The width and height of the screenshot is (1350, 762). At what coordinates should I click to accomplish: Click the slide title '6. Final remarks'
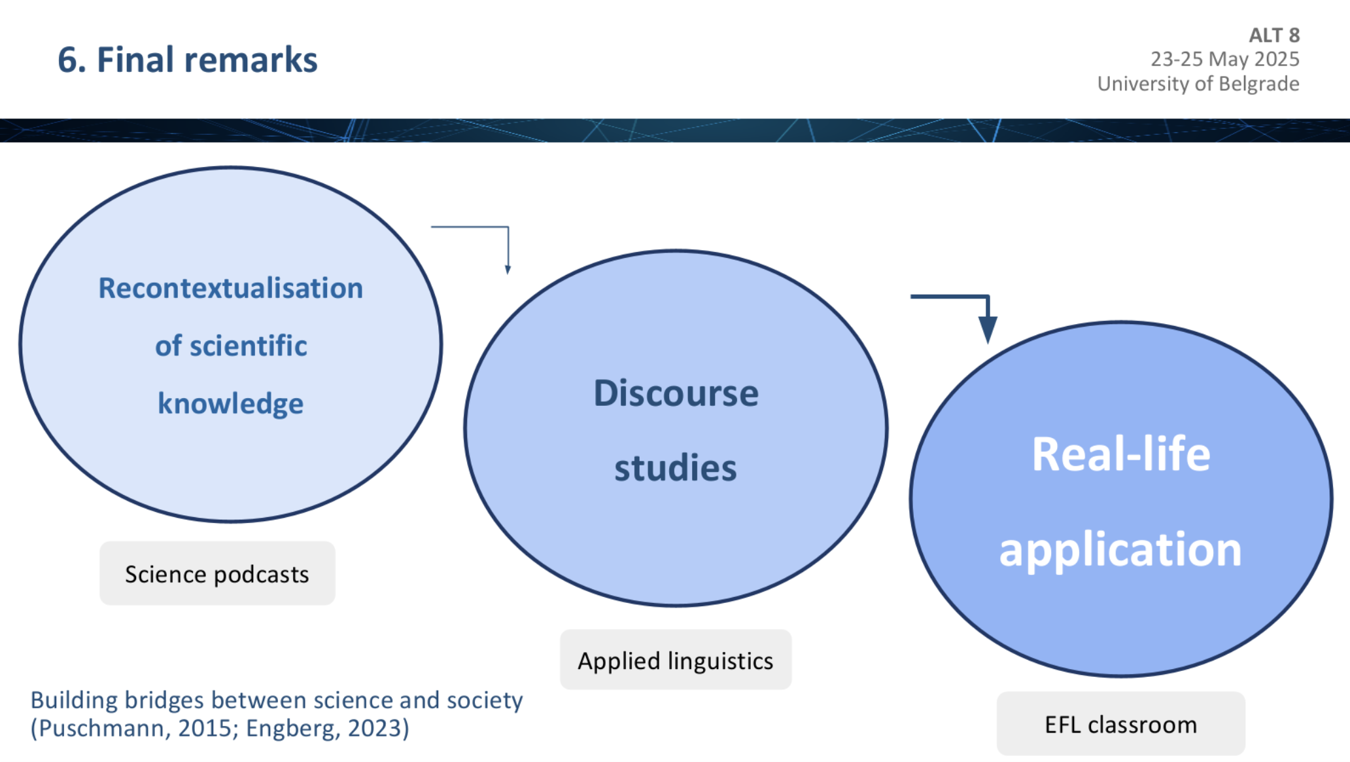point(188,60)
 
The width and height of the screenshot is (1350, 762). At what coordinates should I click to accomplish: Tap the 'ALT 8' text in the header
point(1274,35)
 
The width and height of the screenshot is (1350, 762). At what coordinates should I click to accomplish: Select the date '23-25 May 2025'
point(1225,60)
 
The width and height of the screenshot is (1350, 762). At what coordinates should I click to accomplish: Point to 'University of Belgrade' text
point(1198,84)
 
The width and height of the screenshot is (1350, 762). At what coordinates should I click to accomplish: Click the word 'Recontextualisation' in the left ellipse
point(231,288)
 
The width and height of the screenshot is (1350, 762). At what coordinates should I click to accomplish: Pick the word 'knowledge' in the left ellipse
point(231,404)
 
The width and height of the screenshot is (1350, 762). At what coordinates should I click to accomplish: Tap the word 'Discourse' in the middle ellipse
point(676,393)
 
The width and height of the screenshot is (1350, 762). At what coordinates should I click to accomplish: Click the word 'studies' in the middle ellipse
point(676,468)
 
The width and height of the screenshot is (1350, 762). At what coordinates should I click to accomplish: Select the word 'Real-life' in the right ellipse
point(1121,454)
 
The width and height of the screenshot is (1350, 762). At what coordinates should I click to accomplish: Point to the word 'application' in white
point(1120,550)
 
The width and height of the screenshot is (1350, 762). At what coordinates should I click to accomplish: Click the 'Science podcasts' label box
point(217,573)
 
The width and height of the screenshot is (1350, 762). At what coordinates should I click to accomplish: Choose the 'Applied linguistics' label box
point(676,660)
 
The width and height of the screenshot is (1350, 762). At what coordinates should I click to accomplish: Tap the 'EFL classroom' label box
point(1121,724)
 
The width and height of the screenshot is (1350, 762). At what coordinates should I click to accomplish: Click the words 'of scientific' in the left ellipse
point(231,346)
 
